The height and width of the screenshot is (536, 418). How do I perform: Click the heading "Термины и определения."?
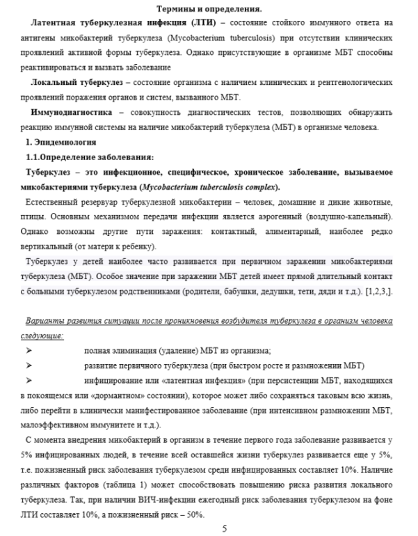tap(208, 9)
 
